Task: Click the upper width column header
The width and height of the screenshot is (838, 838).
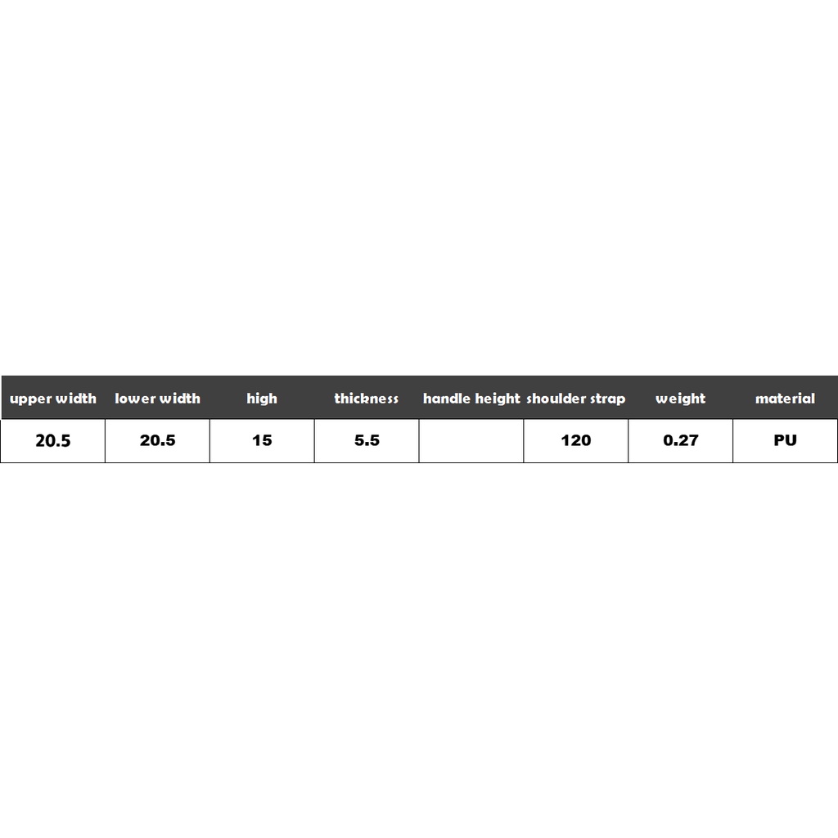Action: coord(53,399)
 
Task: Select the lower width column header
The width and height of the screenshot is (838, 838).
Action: coord(158,399)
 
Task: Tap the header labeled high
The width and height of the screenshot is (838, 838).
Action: coord(262,399)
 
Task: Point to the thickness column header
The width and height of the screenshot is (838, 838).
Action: coord(367,399)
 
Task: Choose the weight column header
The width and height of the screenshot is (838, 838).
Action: coord(680,399)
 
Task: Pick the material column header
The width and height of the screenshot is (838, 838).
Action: coord(785,399)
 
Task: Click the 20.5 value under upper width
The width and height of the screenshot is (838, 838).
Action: coord(53,440)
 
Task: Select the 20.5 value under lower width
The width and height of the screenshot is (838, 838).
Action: coord(158,440)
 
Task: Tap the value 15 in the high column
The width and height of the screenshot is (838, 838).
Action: coord(262,440)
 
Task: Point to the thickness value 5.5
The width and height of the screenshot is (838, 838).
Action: coord(367,440)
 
